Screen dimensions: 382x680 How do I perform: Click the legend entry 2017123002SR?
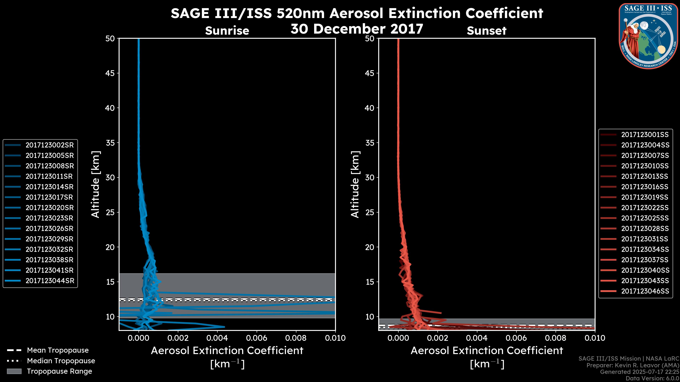coord(49,145)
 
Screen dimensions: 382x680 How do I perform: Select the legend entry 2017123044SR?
coord(50,281)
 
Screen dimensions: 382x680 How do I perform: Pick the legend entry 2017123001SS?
coord(645,135)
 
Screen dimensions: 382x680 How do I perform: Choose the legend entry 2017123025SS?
coord(645,218)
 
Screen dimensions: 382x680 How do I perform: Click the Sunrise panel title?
coord(227,31)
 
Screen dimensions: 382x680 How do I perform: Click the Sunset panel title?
coord(486,31)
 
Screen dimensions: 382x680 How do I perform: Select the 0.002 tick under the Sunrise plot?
coord(178,338)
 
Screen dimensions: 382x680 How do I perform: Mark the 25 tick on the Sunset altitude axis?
coord(370,212)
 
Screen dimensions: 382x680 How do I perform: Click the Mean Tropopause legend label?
coord(58,350)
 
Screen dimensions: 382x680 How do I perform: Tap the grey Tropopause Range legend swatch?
coord(14,371)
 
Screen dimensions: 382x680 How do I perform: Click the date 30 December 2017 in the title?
coord(357,29)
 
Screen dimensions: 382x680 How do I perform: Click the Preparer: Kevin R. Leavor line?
coord(633,365)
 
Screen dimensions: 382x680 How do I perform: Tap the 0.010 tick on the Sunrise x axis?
coord(335,338)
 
